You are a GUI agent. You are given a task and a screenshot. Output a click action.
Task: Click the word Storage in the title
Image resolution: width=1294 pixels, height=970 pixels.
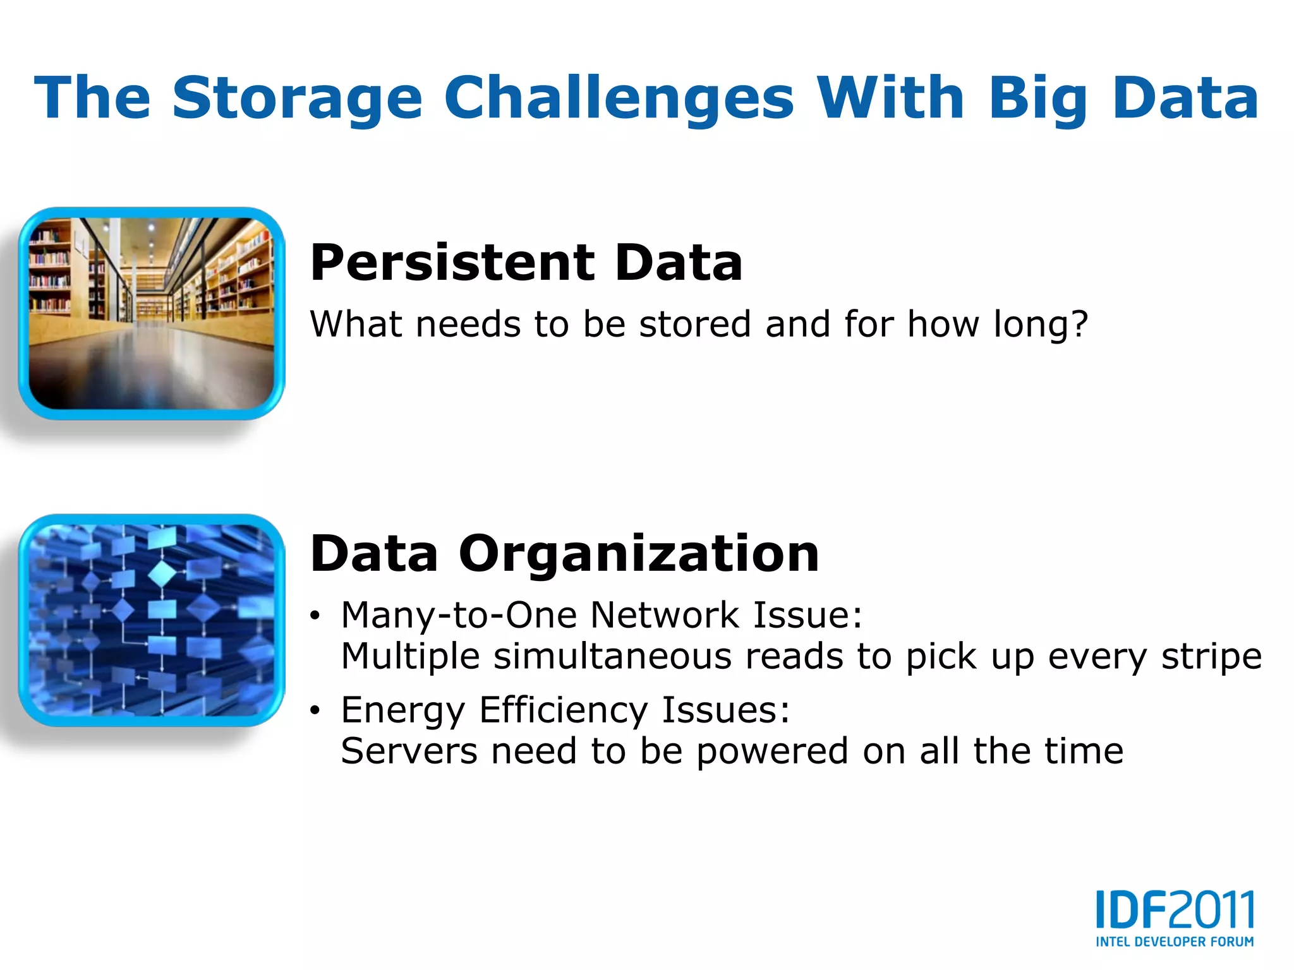coord(297,99)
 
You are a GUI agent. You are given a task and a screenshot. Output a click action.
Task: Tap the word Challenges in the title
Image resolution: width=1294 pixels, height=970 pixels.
coord(619,99)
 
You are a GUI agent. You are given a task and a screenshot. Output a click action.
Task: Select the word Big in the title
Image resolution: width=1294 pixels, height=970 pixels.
coord(1038,99)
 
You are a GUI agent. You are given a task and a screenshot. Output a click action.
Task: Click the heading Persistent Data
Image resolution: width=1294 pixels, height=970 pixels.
coord(526,263)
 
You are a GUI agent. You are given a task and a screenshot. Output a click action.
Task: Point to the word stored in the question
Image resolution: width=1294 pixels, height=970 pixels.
coord(695,325)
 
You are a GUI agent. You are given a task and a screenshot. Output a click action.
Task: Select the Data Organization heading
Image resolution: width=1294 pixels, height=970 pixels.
coord(564,554)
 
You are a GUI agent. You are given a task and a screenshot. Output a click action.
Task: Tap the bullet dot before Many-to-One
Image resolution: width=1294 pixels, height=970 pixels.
coord(315,616)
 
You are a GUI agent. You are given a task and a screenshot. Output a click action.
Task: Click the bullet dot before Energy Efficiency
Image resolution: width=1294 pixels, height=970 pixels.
coord(315,711)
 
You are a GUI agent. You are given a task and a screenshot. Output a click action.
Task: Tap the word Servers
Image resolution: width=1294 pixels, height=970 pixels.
coord(409,751)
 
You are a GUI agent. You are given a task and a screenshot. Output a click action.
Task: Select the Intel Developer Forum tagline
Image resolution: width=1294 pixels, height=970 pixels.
coord(1175,942)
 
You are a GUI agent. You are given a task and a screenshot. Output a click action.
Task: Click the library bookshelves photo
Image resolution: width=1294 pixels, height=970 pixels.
coord(152,314)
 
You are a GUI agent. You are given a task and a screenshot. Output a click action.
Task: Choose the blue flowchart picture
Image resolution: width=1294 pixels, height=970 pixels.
coord(152,620)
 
